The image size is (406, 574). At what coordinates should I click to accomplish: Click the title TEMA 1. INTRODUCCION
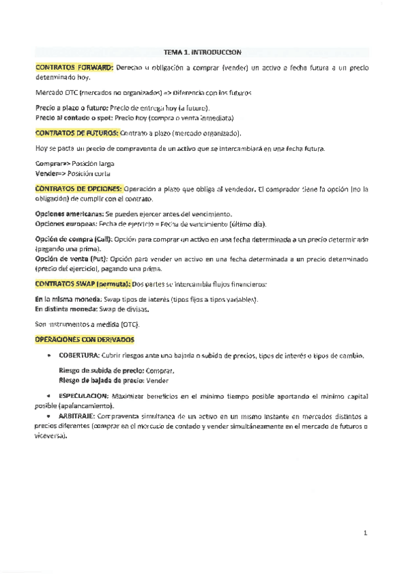pos(202,51)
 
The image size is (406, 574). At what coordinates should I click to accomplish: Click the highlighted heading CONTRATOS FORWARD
pos(74,68)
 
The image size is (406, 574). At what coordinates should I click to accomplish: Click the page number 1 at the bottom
pos(365,534)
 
